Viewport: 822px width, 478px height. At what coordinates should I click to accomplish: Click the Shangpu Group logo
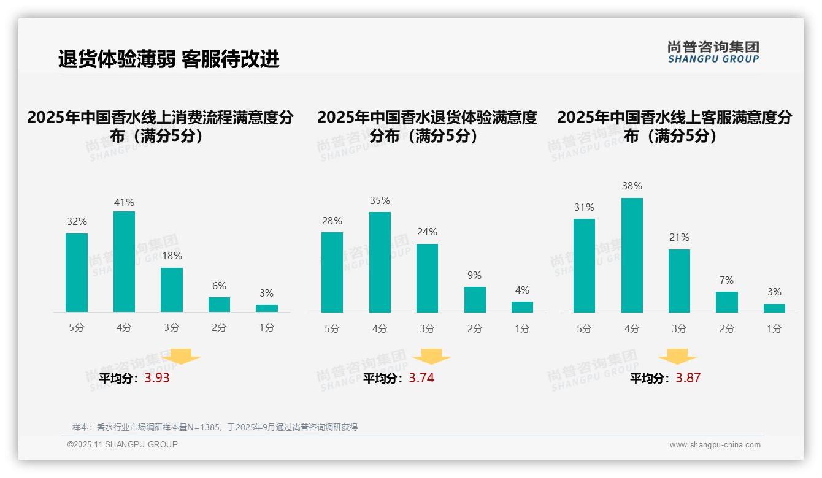coord(713,52)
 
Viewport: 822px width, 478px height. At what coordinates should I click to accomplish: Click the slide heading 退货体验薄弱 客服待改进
coord(169,59)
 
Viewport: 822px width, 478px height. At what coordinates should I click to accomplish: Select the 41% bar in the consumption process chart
coord(124,262)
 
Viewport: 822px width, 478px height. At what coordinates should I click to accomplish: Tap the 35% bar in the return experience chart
coord(380,262)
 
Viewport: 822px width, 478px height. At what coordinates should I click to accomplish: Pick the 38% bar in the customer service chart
coord(632,255)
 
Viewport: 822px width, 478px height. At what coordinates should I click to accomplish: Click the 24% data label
coord(427,232)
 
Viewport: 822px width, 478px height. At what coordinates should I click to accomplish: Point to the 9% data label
coord(474,276)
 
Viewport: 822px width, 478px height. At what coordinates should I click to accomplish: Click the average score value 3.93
coord(157,378)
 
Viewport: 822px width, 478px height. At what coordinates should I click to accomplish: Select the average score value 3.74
coord(421,378)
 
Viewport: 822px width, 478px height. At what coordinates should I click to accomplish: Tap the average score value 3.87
coord(688,378)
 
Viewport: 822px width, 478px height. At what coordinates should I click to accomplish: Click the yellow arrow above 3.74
coord(431,357)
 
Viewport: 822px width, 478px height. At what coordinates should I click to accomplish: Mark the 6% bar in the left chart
coord(219,305)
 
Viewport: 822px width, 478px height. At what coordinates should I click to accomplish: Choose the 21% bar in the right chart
coord(679,281)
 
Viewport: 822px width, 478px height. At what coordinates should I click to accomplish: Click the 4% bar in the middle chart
coord(522,307)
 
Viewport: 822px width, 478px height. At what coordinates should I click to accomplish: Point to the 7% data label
coord(726,281)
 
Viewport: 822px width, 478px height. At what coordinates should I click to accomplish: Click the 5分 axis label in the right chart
coord(584,328)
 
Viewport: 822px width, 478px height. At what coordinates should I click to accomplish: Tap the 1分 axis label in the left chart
coord(267,328)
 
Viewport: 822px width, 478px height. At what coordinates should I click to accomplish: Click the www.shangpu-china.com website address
coord(715,445)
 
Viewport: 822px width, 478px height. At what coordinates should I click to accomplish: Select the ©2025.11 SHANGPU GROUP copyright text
coord(123,444)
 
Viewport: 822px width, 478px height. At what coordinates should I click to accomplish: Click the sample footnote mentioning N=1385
coord(215,427)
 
